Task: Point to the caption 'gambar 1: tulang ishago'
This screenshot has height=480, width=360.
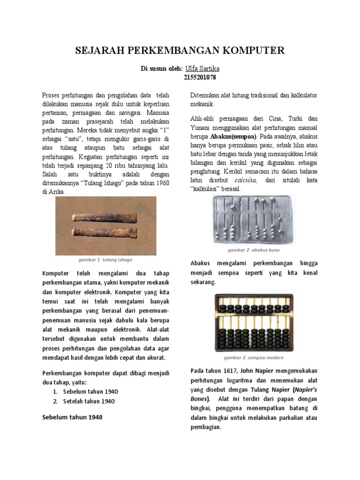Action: tap(105, 259)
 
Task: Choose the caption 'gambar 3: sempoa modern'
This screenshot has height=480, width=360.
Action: tap(254, 357)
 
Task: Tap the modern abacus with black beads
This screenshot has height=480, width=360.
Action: tap(254, 323)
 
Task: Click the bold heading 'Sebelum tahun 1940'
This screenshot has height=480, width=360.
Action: tap(72, 417)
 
